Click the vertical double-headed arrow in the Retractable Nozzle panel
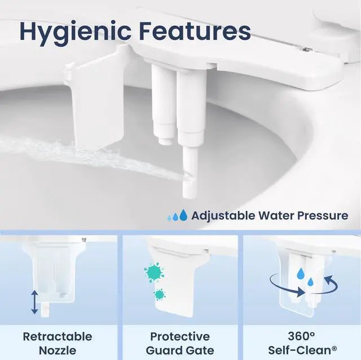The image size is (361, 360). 35,302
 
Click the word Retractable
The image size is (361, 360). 58,336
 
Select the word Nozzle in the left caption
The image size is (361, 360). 58,350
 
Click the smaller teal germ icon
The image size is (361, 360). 159,295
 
